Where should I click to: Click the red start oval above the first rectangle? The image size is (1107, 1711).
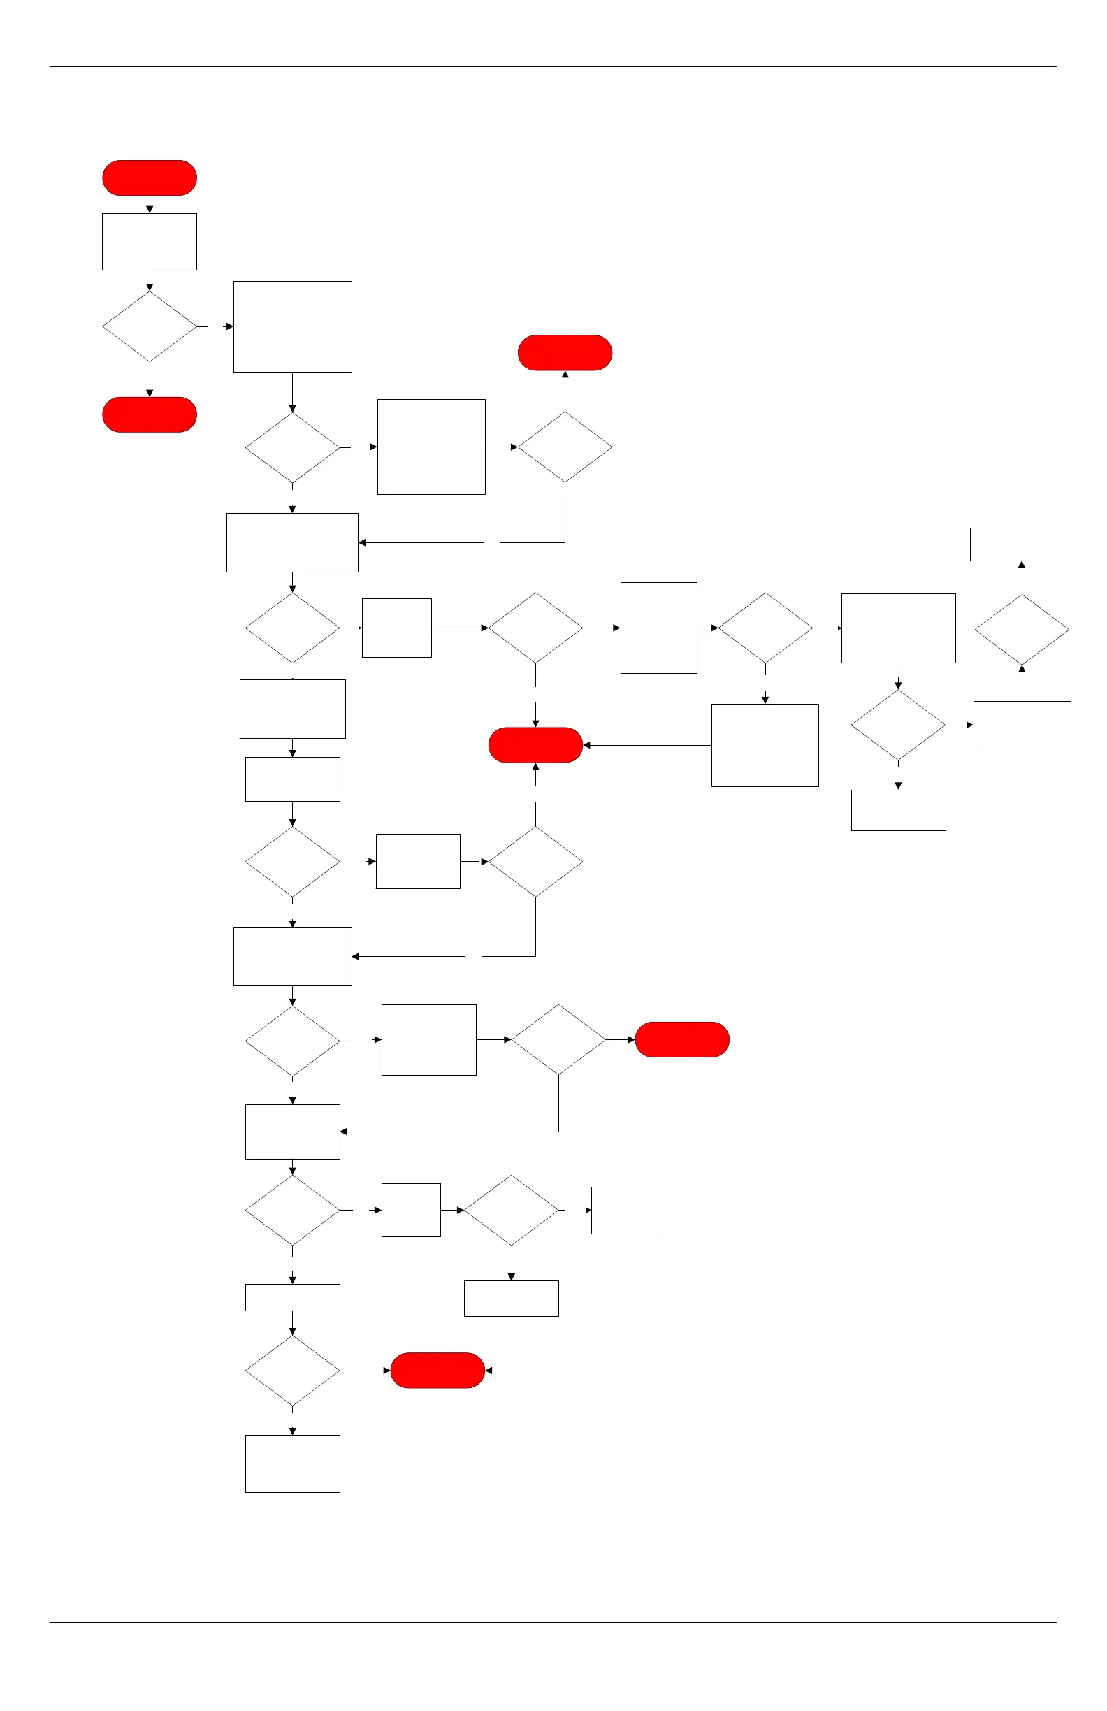(x=150, y=178)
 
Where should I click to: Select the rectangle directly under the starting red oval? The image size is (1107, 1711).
(x=150, y=242)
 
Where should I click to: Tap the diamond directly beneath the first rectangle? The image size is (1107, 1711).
(x=150, y=326)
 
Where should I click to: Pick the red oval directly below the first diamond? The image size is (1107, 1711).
(x=150, y=414)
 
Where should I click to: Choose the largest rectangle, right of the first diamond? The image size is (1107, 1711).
(x=293, y=326)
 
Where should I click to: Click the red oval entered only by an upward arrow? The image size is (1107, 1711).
(x=565, y=353)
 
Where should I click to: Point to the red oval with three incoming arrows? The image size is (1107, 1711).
(x=535, y=745)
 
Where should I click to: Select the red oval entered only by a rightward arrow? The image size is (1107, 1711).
(x=682, y=1039)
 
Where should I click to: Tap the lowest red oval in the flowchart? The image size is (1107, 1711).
(x=437, y=1370)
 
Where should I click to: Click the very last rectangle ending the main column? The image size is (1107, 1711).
(x=293, y=1464)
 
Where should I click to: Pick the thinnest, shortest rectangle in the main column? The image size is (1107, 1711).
(x=293, y=1298)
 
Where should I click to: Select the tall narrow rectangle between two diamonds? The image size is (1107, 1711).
(x=658, y=628)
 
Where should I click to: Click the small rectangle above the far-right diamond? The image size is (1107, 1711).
(x=1022, y=544)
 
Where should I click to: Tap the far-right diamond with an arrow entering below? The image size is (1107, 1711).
(x=1022, y=629)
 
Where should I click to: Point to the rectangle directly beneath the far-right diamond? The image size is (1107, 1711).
(x=1022, y=725)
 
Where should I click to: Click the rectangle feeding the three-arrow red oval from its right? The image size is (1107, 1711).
(x=765, y=745)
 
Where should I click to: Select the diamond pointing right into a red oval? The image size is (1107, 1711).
(x=558, y=1039)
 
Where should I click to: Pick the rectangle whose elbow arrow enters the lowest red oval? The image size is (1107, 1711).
(x=511, y=1299)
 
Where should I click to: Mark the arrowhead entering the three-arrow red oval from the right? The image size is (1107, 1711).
(x=586, y=745)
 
